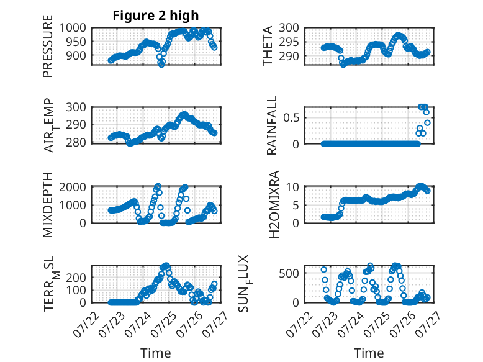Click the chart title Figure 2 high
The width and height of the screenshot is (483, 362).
pos(156,16)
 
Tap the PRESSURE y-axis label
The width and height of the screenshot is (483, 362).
pos(48,46)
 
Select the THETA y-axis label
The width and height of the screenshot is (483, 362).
pos(268,46)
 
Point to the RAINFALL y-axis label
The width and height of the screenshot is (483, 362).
pos(272,125)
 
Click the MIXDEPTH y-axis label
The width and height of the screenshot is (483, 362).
pos(48,205)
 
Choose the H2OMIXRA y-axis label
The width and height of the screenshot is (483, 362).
pos(274,204)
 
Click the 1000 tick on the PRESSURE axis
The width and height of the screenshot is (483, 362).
pos(73,28)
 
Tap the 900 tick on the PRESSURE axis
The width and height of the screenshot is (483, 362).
pos(76,56)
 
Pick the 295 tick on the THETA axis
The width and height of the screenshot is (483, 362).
pos(289,42)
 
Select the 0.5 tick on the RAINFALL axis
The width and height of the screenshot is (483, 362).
pos(291,117)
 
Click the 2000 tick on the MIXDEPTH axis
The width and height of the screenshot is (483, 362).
pos(73,187)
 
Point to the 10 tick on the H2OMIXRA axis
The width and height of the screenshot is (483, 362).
pos(292,187)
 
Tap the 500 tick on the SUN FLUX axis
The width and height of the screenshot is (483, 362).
pos(289,273)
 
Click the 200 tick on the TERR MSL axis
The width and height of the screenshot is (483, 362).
pos(76,278)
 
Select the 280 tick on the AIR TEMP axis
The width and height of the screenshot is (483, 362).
pos(76,143)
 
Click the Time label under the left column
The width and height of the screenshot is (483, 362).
pos(156,353)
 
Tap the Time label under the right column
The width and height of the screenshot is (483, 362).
pos(369,353)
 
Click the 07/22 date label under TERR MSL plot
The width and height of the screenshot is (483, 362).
pos(86,324)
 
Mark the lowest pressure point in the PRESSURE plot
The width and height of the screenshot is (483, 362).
pos(161,64)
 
